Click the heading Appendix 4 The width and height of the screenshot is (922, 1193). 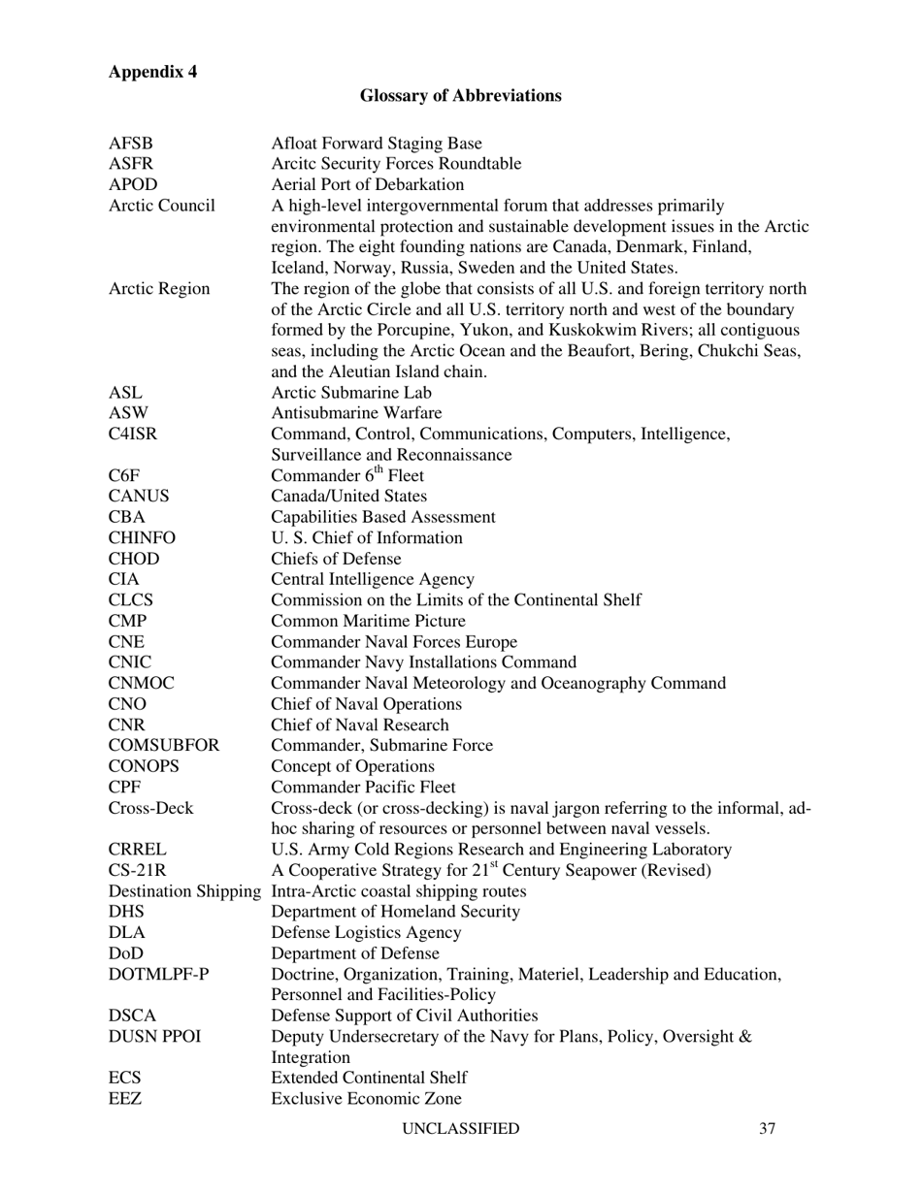click(x=152, y=72)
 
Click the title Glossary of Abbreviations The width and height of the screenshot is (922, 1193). click(x=460, y=95)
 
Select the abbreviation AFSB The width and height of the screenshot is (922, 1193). click(x=131, y=144)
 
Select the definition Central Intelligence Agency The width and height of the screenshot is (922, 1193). click(x=373, y=579)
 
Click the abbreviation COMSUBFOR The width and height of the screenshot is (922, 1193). click(x=164, y=745)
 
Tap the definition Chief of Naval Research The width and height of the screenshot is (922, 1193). click(x=360, y=725)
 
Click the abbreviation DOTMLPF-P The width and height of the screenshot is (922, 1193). click(x=158, y=974)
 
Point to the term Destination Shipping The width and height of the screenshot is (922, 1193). click(x=185, y=890)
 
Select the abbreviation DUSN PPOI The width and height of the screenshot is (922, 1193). click(x=155, y=1036)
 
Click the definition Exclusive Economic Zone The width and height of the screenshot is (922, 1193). click(x=366, y=1099)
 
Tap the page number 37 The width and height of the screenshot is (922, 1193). click(x=767, y=1128)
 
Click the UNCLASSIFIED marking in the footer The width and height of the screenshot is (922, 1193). click(x=460, y=1128)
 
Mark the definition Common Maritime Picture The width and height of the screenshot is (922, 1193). click(x=368, y=621)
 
